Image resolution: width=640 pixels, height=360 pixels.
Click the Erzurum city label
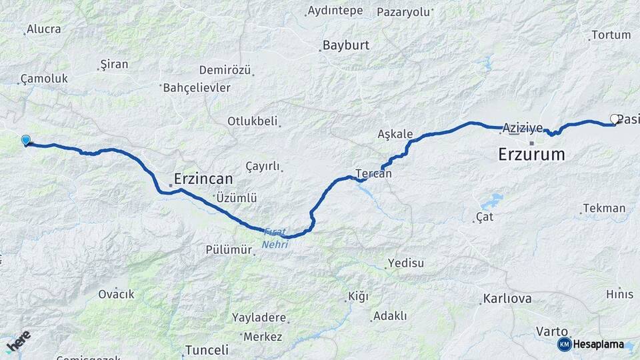531,155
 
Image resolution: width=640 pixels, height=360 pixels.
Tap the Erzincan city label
203,179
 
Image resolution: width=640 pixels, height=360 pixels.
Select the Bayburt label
345,46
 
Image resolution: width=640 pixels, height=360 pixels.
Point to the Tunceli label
207,349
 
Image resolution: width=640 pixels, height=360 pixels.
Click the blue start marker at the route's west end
25,140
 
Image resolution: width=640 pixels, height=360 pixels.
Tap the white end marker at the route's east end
615,119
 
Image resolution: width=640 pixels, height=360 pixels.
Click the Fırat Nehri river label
275,239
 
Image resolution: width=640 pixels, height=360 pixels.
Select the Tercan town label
373,173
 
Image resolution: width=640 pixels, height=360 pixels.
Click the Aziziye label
523,127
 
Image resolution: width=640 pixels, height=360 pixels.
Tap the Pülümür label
229,250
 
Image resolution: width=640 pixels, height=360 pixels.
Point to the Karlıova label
507,298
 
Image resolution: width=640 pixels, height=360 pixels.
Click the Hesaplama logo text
597,345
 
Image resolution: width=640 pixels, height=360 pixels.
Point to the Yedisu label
405,263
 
